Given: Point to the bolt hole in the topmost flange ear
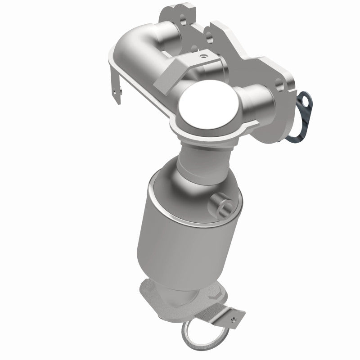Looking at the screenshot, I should [x=184, y=19].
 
